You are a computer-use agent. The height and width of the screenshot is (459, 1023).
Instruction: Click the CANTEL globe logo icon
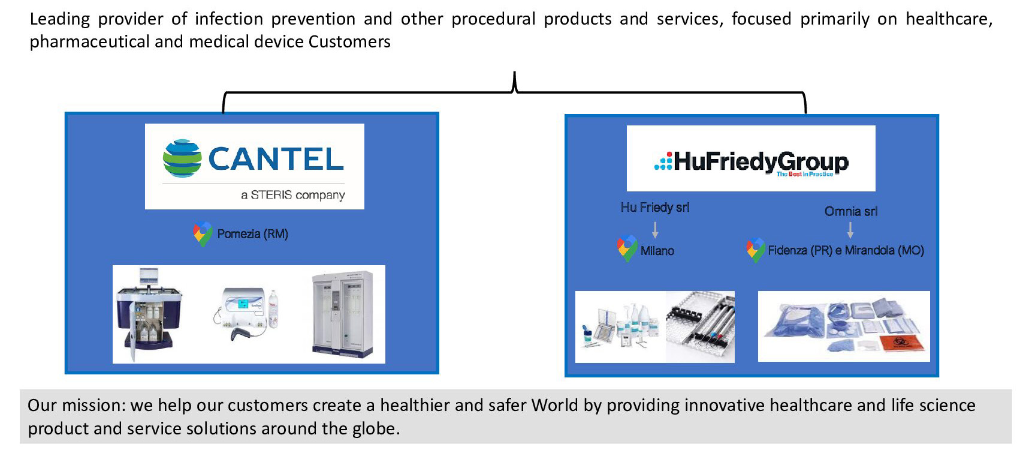pos(182,158)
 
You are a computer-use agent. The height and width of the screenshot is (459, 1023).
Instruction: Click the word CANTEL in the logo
pos(276,159)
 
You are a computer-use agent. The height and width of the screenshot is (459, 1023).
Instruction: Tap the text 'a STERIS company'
pos(292,195)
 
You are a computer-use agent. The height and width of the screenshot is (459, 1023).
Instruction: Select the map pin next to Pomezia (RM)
pos(203,233)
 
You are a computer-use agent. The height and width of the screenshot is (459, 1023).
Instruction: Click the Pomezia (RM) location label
pos(252,234)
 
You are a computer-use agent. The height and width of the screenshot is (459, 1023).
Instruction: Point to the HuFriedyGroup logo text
pos(761,162)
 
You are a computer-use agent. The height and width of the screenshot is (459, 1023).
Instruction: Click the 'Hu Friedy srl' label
pos(655,208)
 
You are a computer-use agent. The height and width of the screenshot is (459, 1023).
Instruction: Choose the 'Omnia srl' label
pos(851,212)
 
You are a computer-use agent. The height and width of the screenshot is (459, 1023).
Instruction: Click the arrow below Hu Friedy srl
pos(655,230)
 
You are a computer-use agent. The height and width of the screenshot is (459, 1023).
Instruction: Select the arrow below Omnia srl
pos(850,230)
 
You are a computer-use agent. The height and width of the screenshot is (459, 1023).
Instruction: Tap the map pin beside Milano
pos(627,248)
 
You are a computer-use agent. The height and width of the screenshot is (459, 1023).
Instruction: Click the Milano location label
pos(657,251)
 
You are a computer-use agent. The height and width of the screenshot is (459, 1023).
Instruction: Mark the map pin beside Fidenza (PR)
pos(756,250)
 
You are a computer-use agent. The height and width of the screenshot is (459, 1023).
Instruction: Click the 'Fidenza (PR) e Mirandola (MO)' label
pos(846,251)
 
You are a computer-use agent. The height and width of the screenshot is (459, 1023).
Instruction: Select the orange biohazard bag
pos(901,343)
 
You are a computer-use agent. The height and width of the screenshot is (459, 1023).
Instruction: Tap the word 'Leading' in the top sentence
pos(60,20)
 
